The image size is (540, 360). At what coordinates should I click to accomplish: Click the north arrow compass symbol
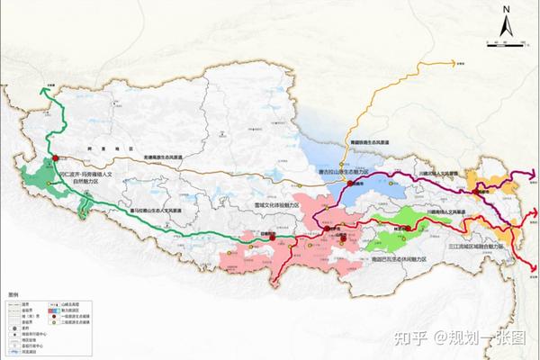click(x=507, y=19)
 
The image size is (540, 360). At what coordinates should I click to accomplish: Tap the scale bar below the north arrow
click(x=507, y=41)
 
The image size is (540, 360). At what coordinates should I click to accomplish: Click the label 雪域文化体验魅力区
click(x=257, y=205)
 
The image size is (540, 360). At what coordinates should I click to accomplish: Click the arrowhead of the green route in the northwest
click(x=42, y=87)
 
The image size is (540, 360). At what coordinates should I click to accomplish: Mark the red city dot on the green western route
click(x=53, y=159)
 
